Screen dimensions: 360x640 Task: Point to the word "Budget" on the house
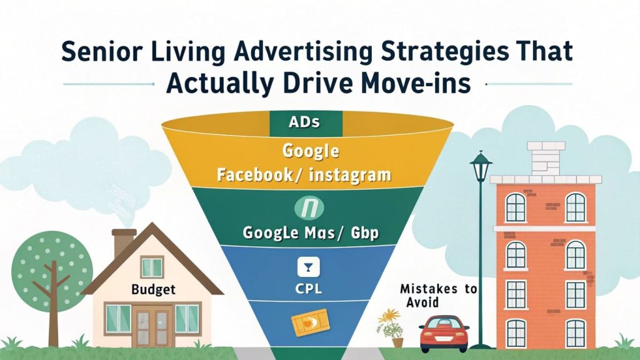point(154,290)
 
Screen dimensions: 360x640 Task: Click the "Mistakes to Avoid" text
point(438,296)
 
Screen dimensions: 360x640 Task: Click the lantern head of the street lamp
point(480,167)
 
